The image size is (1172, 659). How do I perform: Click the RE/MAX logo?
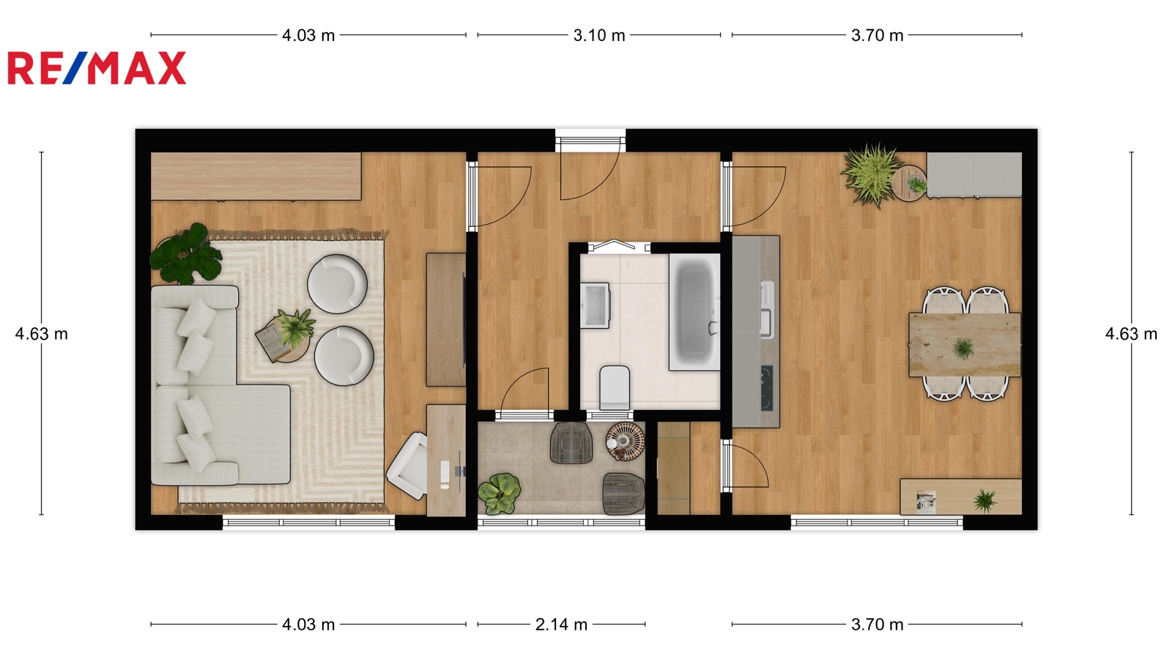(x=97, y=68)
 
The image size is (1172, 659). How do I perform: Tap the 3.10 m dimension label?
(x=599, y=36)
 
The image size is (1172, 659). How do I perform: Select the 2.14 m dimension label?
(x=561, y=625)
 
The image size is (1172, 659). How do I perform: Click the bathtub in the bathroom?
(x=694, y=312)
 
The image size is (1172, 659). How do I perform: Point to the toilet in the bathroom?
(x=615, y=387)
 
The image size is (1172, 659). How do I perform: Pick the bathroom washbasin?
(x=595, y=305)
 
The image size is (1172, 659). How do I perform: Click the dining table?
(x=965, y=345)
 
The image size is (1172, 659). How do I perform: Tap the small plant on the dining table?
(x=963, y=348)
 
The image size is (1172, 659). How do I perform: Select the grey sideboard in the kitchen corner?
(x=974, y=175)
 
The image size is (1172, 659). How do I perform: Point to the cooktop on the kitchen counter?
(x=767, y=388)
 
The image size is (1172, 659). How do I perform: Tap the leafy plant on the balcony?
(x=499, y=494)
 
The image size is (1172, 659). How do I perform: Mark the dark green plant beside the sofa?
(x=186, y=254)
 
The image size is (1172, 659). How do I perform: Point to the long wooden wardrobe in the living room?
(x=256, y=176)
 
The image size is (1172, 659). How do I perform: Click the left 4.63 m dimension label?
(x=41, y=334)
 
